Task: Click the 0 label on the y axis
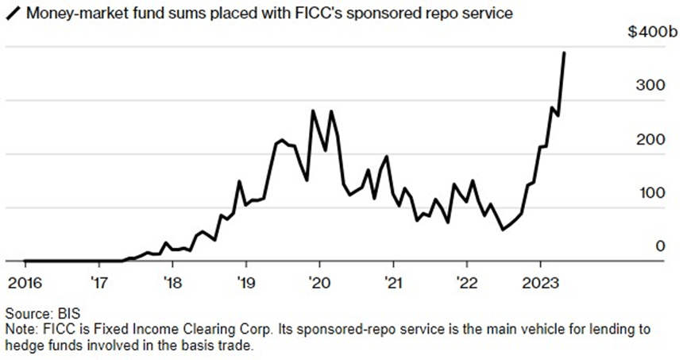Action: pyautogui.click(x=659, y=246)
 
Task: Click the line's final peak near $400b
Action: pyautogui.click(x=564, y=53)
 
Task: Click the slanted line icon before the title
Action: pyautogui.click(x=11, y=13)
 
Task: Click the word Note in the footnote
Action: pyautogui.click(x=19, y=328)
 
